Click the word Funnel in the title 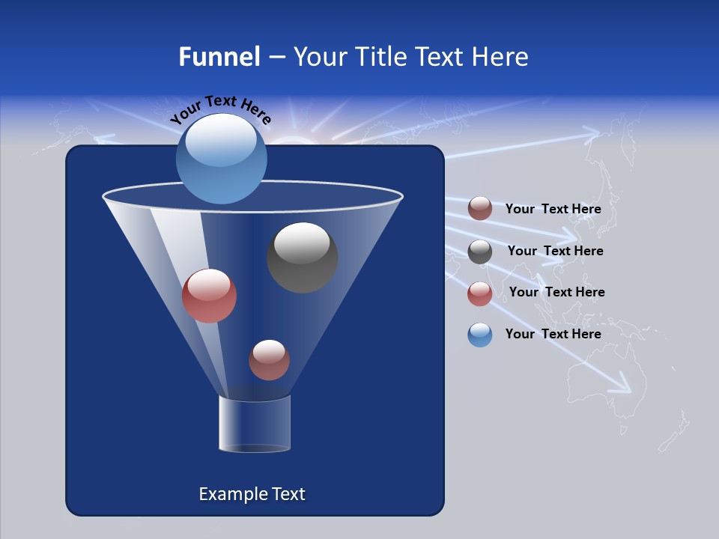219,57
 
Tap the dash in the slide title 276,58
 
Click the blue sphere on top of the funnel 221,158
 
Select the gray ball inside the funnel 302,258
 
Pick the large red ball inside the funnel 209,296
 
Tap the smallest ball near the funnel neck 269,359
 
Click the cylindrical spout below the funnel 255,424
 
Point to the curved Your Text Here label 220,108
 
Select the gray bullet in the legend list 480,252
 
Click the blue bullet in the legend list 480,335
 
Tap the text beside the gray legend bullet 555,251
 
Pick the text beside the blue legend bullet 553,334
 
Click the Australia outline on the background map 599,386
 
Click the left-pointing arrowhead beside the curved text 102,138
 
